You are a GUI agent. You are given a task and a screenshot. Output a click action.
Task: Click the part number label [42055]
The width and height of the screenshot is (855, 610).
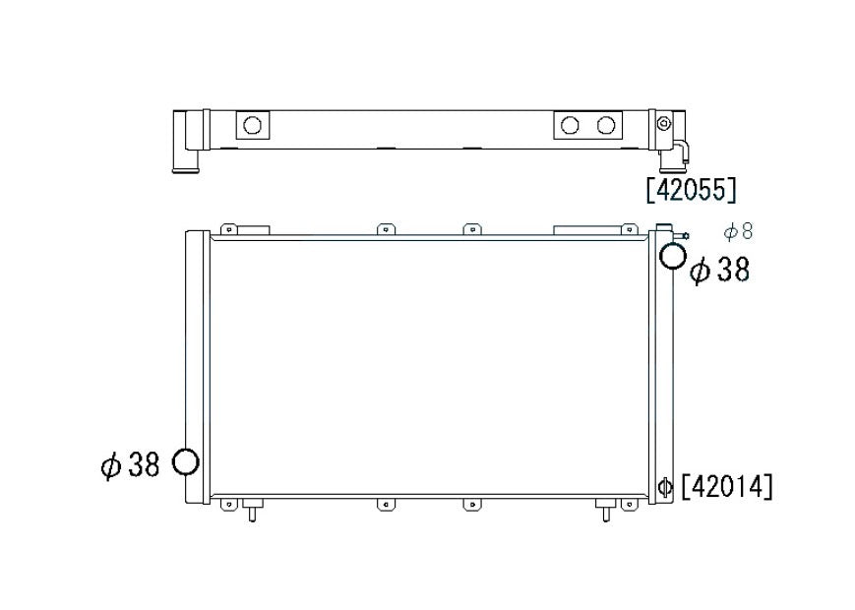pyautogui.click(x=691, y=190)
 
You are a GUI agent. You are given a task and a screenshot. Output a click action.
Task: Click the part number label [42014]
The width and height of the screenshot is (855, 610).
pyautogui.click(x=727, y=486)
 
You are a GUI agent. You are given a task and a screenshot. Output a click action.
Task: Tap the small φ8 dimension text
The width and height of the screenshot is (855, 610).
pyautogui.click(x=738, y=232)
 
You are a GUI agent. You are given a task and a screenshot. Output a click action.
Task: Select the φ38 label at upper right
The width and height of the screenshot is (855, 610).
pyautogui.click(x=720, y=270)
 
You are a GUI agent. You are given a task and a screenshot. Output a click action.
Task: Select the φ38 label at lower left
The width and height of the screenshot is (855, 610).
pyautogui.click(x=130, y=465)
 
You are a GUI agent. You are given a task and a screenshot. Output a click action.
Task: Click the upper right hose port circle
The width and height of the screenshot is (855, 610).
pyautogui.click(x=672, y=256)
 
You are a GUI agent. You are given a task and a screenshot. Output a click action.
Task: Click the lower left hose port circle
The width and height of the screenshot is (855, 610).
pyautogui.click(x=185, y=461)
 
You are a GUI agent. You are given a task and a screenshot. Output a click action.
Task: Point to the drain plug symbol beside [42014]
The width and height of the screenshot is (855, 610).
pyautogui.click(x=665, y=486)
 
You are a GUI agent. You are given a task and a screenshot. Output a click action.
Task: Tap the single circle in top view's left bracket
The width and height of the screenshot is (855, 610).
pyautogui.click(x=252, y=125)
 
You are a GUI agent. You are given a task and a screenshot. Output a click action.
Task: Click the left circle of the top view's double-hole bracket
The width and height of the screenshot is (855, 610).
pyautogui.click(x=570, y=125)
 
